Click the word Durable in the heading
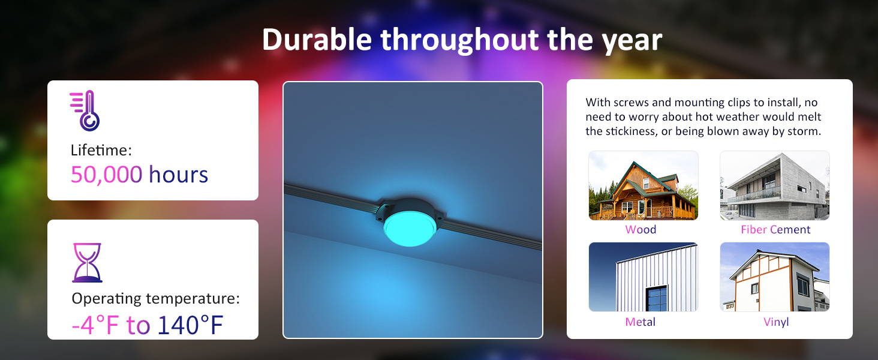pos(317,40)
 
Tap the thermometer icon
pos(85,110)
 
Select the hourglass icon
pos(87,262)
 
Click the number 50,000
pos(106,175)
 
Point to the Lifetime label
pos(101,150)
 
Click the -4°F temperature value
pos(95,325)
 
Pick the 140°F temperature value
pos(191,325)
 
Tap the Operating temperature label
pos(155,298)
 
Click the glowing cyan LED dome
pos(410,229)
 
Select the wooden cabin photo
pos(644,185)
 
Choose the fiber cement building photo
pos(774,185)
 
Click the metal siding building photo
pos(644,277)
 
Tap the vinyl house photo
pos(774,277)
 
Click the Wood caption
pos(641,229)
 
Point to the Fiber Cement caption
pos(775,229)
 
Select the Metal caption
pos(640,322)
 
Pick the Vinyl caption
pos(776,322)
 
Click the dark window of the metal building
pos(657,298)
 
